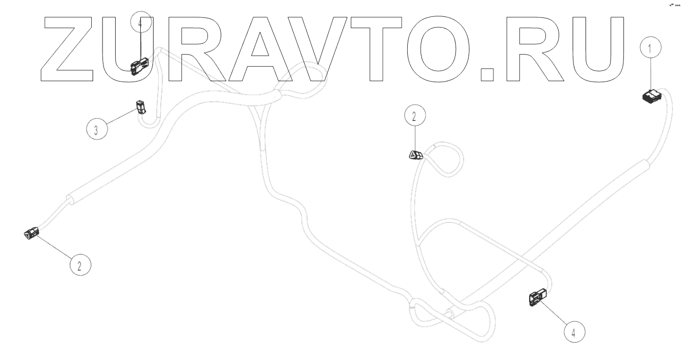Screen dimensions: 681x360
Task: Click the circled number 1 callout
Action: (x=649, y=49)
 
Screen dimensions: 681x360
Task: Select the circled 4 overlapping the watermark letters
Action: (x=141, y=23)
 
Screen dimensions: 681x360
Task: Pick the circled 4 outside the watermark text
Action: (x=574, y=333)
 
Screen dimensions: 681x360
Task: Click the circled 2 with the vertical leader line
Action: (x=414, y=116)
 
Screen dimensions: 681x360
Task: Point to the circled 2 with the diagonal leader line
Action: (x=80, y=265)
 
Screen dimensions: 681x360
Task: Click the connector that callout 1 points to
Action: (x=651, y=96)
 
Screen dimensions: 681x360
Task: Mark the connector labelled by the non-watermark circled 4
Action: (x=537, y=297)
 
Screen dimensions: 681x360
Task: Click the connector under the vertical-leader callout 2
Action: (x=416, y=155)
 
